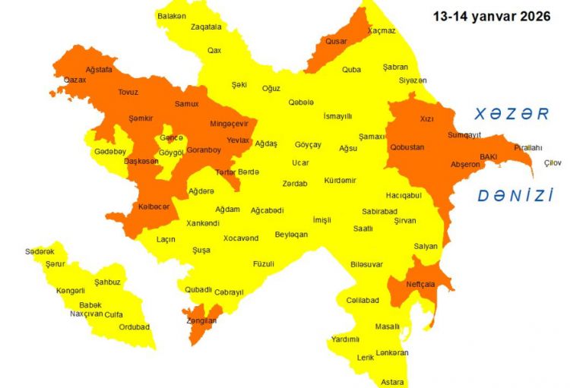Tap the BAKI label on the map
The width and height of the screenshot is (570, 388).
pos(488,157)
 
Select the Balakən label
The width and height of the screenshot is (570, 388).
pos(172,15)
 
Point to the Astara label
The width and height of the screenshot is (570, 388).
pos(392,382)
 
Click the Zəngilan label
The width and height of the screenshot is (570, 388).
pos(200,321)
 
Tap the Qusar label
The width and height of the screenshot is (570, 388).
pos(336,42)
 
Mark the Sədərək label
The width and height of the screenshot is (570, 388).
pos(40,251)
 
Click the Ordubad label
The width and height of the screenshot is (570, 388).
pos(135,327)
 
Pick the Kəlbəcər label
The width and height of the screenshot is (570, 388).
pos(154,207)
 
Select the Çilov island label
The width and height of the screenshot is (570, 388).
pos(553,162)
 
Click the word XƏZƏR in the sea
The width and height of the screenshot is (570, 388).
pos(511,114)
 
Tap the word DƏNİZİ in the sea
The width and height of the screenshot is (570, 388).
pos(515,196)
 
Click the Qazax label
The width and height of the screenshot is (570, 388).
pos(74,80)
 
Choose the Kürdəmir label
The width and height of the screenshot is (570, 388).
pos(340,181)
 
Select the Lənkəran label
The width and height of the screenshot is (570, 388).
pos(392,353)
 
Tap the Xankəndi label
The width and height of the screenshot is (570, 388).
pos(203,223)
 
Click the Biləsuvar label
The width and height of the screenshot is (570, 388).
pos(367,264)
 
